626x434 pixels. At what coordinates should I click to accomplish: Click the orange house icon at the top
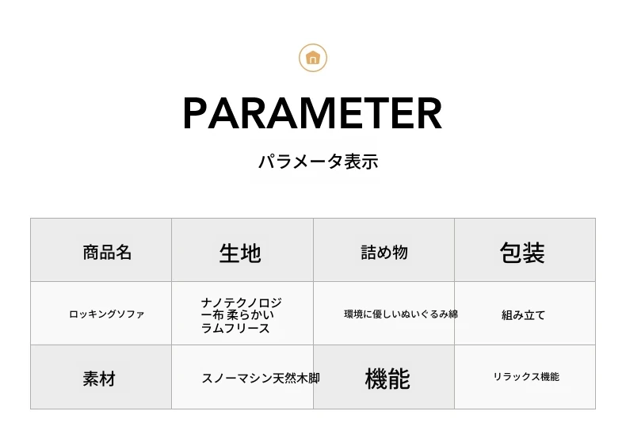[x=313, y=58]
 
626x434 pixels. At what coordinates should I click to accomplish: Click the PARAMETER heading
[x=312, y=113]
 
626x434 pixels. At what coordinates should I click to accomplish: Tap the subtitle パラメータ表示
[x=319, y=162]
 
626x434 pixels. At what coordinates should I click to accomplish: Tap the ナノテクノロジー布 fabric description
[x=241, y=315]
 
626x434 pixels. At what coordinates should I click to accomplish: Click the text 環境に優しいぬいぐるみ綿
[x=401, y=314]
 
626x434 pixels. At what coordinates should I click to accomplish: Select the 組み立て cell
[x=524, y=315]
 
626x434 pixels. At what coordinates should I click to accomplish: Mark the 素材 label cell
[x=99, y=379]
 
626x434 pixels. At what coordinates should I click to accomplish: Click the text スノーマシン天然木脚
[x=261, y=378]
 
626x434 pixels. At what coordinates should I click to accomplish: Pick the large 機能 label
[x=387, y=379]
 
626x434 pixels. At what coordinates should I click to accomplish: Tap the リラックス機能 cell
[x=526, y=376]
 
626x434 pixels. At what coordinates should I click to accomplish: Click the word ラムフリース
[x=235, y=329]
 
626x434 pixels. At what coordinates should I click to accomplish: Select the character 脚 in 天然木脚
[x=315, y=378]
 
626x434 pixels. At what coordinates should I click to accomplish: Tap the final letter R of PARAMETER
[x=430, y=113]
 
